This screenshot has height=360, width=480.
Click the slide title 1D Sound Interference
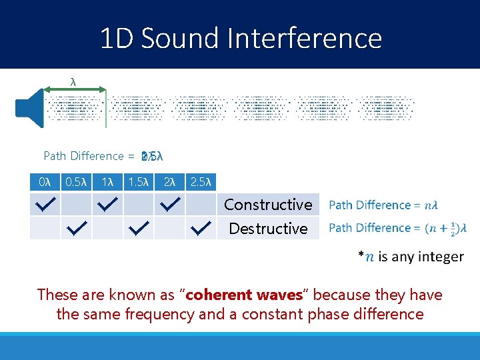240,39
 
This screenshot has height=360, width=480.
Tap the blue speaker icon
30,107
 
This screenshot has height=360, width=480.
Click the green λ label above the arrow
73,81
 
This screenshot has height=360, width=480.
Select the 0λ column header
45,182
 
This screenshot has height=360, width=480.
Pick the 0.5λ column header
75,182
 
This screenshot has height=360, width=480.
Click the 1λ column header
106,182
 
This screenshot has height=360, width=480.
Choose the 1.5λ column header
138,182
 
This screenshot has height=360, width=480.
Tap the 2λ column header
169,182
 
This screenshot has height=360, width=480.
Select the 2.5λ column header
200,182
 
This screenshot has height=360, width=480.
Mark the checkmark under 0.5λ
77,229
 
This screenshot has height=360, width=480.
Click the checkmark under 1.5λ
139,229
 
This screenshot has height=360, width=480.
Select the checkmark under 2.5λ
201,229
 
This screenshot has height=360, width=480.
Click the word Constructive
267,205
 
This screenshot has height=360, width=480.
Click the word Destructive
268,229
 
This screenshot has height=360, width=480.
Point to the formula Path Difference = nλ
383,205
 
